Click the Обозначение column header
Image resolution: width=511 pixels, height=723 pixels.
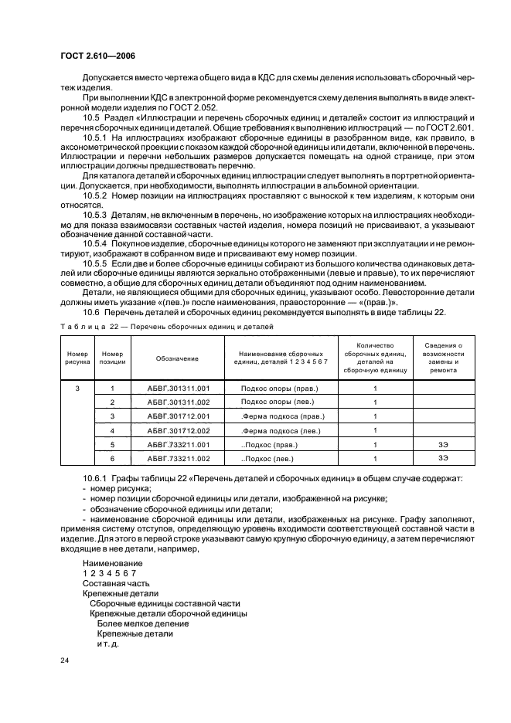(x=177, y=359)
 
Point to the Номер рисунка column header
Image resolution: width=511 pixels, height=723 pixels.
(x=77, y=359)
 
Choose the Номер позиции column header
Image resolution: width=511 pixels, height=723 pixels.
(x=112, y=359)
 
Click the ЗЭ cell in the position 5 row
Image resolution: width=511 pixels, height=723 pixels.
(x=444, y=445)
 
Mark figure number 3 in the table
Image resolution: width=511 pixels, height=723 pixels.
(x=77, y=388)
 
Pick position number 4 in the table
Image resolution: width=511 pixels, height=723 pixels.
(x=112, y=430)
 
